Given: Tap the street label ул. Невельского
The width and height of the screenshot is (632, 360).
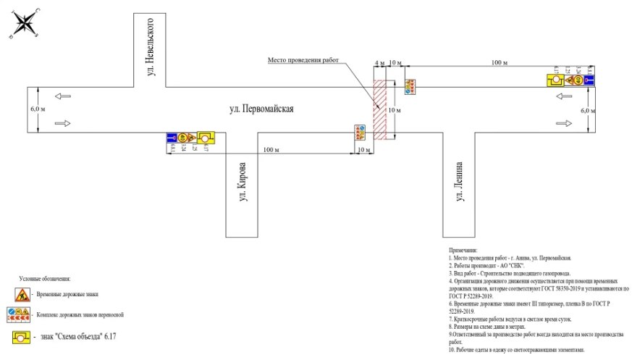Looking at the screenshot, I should coord(151,45).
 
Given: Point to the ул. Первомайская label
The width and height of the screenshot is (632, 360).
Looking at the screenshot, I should coord(261,109).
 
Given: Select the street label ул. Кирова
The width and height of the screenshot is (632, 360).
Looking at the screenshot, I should coord(243,186).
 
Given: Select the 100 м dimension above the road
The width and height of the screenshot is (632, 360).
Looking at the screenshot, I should coord(499,64).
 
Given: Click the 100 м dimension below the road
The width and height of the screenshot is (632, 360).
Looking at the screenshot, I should coord(271,149).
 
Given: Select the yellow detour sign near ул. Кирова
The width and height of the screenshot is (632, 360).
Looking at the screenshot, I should coord(207,137).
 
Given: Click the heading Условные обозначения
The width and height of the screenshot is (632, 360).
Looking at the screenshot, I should coord(46,279).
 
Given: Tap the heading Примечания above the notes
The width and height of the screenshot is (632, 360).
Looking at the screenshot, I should coord(463,250).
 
